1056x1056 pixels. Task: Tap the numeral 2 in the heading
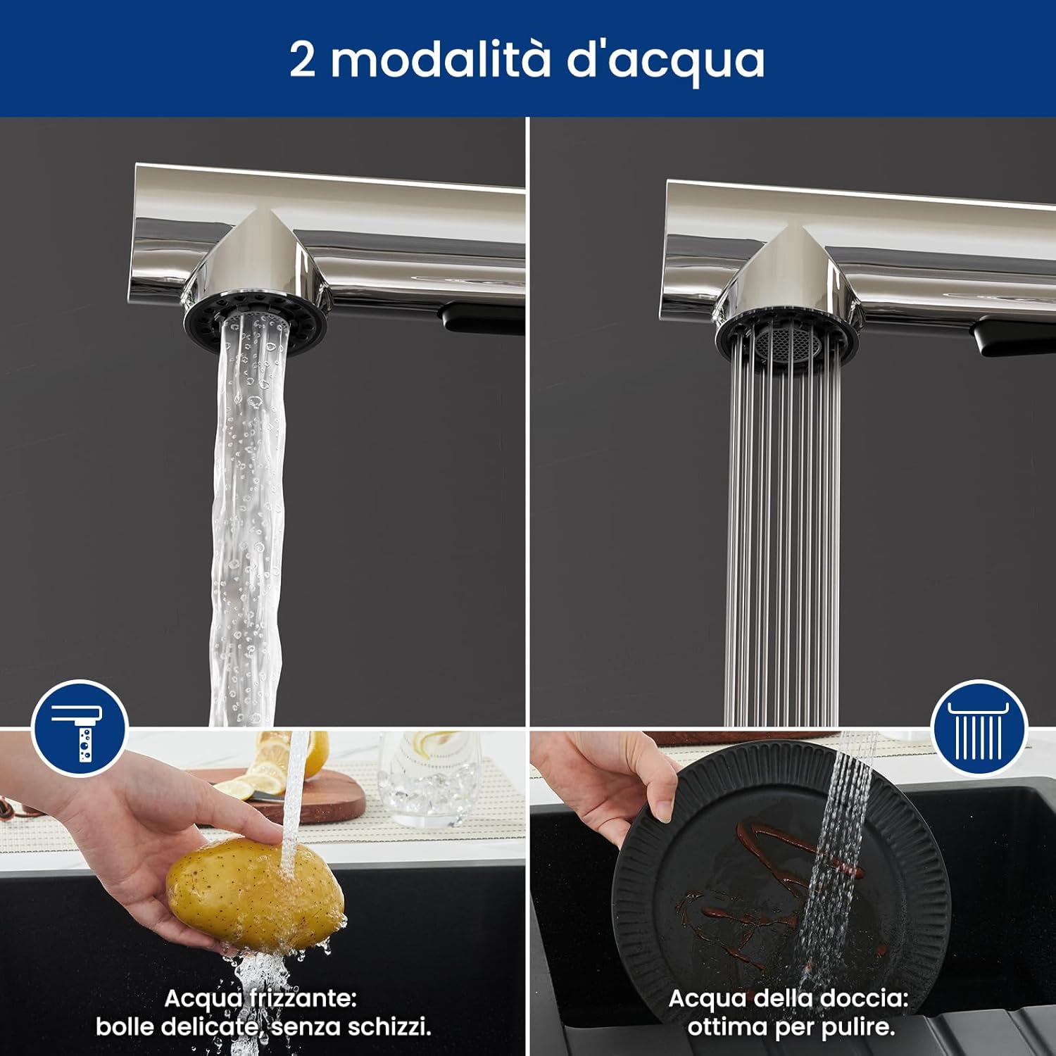point(303,61)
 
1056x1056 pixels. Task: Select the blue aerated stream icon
point(80,728)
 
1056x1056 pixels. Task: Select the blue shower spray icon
point(979,728)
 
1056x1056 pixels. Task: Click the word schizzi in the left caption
point(391,1027)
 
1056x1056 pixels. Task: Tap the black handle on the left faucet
point(482,316)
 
